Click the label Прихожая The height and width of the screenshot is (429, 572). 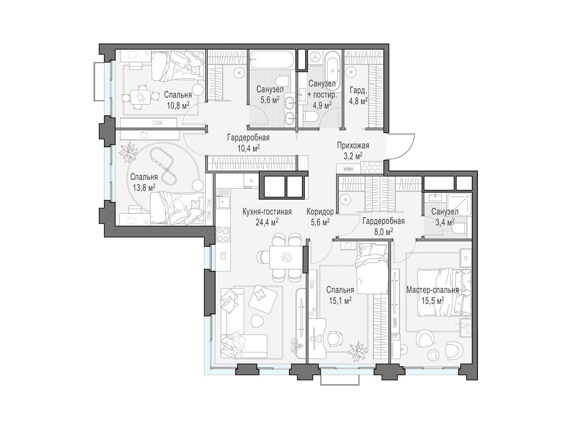(x=353, y=146)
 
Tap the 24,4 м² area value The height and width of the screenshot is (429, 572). (x=267, y=222)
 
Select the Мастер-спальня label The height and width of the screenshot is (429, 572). (x=433, y=290)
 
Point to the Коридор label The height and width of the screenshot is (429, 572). (x=320, y=212)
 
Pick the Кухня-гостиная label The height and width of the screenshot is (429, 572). (x=267, y=212)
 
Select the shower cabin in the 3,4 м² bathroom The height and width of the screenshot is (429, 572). (x=459, y=204)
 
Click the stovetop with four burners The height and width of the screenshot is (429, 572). (x=223, y=235)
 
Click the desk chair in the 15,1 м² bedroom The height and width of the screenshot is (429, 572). (x=335, y=339)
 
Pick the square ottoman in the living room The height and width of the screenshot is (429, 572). (x=262, y=299)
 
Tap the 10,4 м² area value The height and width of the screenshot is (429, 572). (x=248, y=148)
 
